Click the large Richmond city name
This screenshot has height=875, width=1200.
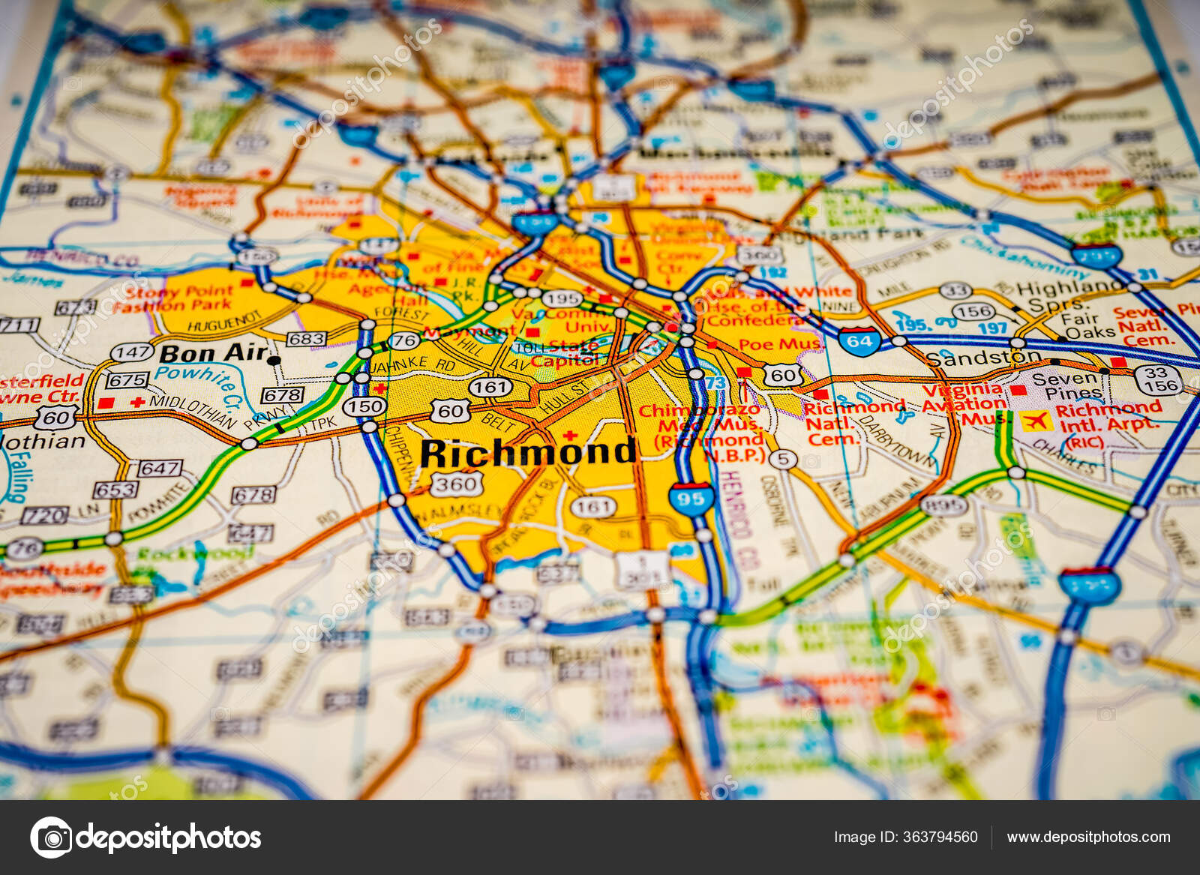(x=528, y=453)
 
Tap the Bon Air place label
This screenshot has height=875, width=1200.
(x=213, y=352)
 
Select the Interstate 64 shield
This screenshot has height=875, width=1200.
(x=859, y=341)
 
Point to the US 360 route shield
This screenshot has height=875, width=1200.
(x=456, y=484)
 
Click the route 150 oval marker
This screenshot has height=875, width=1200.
(x=364, y=406)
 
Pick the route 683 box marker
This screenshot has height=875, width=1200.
(x=307, y=339)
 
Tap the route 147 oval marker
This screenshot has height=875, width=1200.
(x=132, y=352)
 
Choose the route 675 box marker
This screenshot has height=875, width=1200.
(x=127, y=380)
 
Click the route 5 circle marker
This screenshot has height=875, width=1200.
(x=782, y=459)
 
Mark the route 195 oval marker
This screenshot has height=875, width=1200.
(x=562, y=298)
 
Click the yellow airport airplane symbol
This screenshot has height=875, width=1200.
(x=1034, y=421)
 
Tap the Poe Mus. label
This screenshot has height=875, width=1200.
(x=779, y=345)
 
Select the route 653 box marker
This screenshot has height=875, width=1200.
(x=115, y=490)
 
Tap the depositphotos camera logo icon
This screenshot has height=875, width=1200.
(x=52, y=837)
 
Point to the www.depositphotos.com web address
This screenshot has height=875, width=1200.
(x=1088, y=837)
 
